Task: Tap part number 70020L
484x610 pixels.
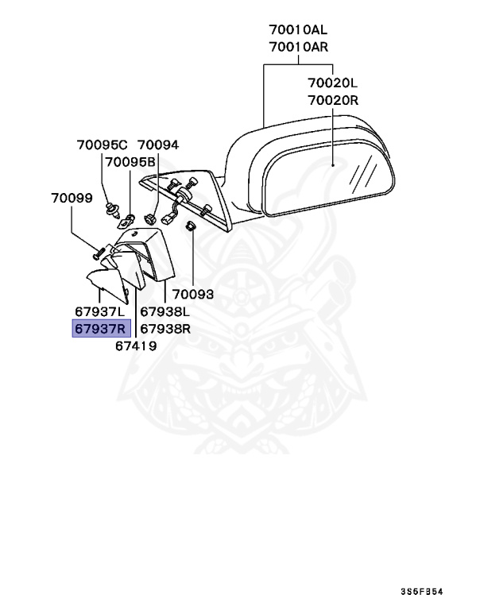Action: [x=334, y=83]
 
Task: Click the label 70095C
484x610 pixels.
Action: [x=102, y=145]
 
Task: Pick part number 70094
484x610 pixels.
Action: [x=158, y=145]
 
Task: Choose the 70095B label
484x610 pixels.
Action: [x=131, y=162]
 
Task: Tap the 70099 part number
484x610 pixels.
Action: [x=72, y=198]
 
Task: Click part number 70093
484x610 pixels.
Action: [x=193, y=294]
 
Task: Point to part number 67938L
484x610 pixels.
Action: [x=166, y=311]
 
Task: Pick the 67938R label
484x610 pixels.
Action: [x=166, y=328]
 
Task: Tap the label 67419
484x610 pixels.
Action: [x=135, y=346]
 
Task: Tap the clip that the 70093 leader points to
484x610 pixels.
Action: [x=191, y=229]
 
